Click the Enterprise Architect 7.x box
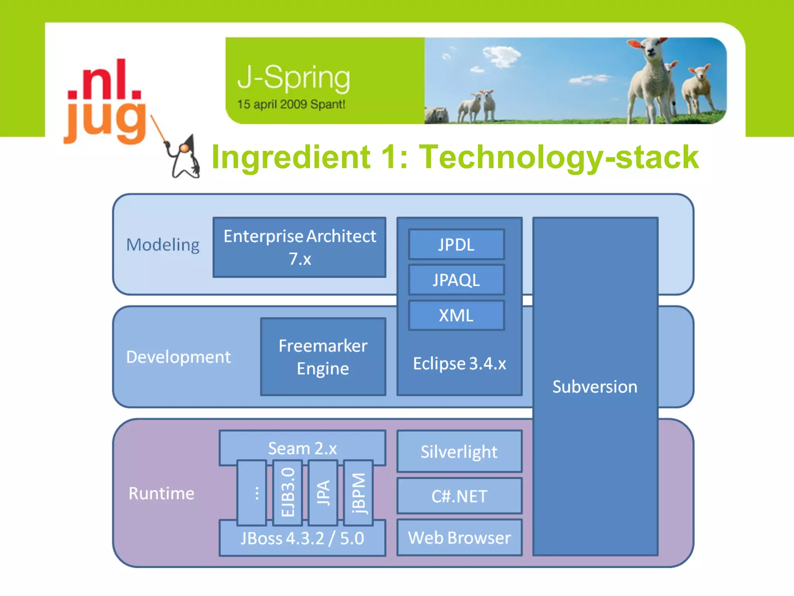coord(299,247)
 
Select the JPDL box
coord(456,244)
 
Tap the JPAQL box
coord(456,280)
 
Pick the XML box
coord(456,315)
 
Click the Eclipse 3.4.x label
coord(459,364)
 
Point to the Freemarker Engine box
coord(323,357)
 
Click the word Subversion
coord(595,387)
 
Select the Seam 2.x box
coord(302,448)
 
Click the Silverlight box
coord(459,451)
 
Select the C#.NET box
coord(459,496)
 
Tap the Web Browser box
coord(459,538)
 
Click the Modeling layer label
coord(163,245)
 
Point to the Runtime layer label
coord(161,493)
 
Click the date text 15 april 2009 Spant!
coord(291,104)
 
